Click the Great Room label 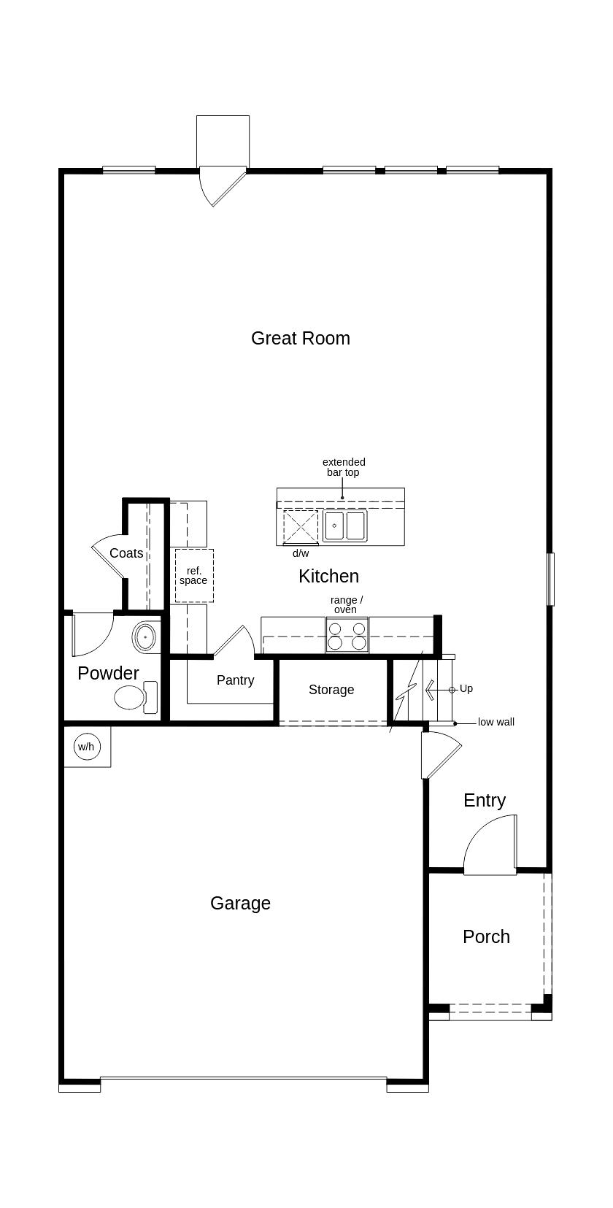tap(301, 338)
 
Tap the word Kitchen tap(328, 576)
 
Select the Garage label tap(240, 903)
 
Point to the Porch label tap(486, 936)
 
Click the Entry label tap(485, 800)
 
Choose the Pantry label tap(235, 680)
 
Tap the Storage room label tap(331, 690)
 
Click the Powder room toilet tap(136, 697)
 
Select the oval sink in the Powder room tap(145, 637)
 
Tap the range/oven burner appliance tap(347, 635)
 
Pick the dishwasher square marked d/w tap(301, 527)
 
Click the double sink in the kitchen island tap(345, 526)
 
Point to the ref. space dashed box tap(194, 575)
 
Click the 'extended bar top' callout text tap(344, 467)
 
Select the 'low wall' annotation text tap(496, 722)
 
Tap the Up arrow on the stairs tap(431, 690)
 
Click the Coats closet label tap(126, 553)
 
